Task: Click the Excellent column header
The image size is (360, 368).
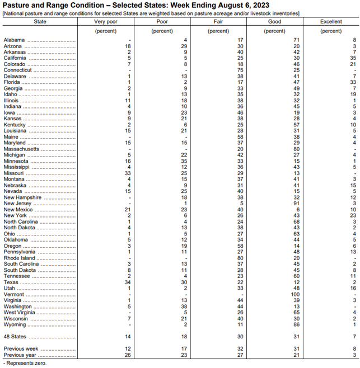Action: pos(331,21)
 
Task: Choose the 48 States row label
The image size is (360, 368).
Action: pos(15,337)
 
